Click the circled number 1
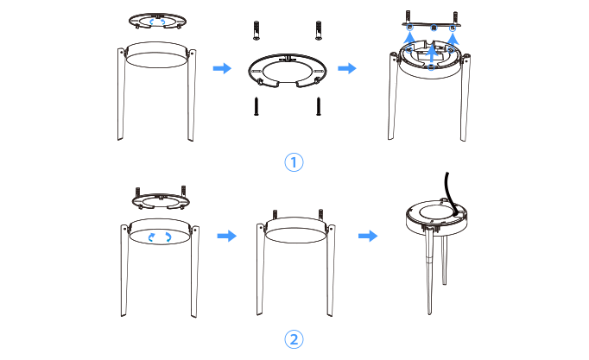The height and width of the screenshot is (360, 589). click(x=294, y=162)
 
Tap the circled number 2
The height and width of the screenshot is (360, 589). click(x=294, y=339)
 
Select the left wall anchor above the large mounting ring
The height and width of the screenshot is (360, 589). click(x=256, y=30)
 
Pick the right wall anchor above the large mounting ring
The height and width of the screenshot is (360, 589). click(x=319, y=30)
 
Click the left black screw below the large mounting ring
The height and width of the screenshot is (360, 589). click(x=256, y=106)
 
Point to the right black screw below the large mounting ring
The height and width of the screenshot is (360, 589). click(x=319, y=106)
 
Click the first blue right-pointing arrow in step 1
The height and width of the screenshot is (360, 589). click(x=222, y=68)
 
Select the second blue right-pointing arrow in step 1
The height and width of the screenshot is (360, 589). click(x=347, y=68)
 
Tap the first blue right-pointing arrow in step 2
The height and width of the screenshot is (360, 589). click(x=227, y=237)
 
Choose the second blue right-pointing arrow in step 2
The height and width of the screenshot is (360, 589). click(x=368, y=237)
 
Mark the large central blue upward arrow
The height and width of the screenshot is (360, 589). click(x=432, y=54)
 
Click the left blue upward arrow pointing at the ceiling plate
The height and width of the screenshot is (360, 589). click(x=409, y=38)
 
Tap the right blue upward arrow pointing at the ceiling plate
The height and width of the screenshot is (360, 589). click(x=453, y=39)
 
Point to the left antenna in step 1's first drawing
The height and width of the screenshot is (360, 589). click(x=121, y=94)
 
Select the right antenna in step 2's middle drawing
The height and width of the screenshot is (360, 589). click(x=331, y=270)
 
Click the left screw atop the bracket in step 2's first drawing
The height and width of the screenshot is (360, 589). click(x=137, y=193)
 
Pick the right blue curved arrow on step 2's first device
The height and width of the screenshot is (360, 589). click(x=168, y=237)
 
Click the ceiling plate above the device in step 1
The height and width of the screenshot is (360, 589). click(x=432, y=25)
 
